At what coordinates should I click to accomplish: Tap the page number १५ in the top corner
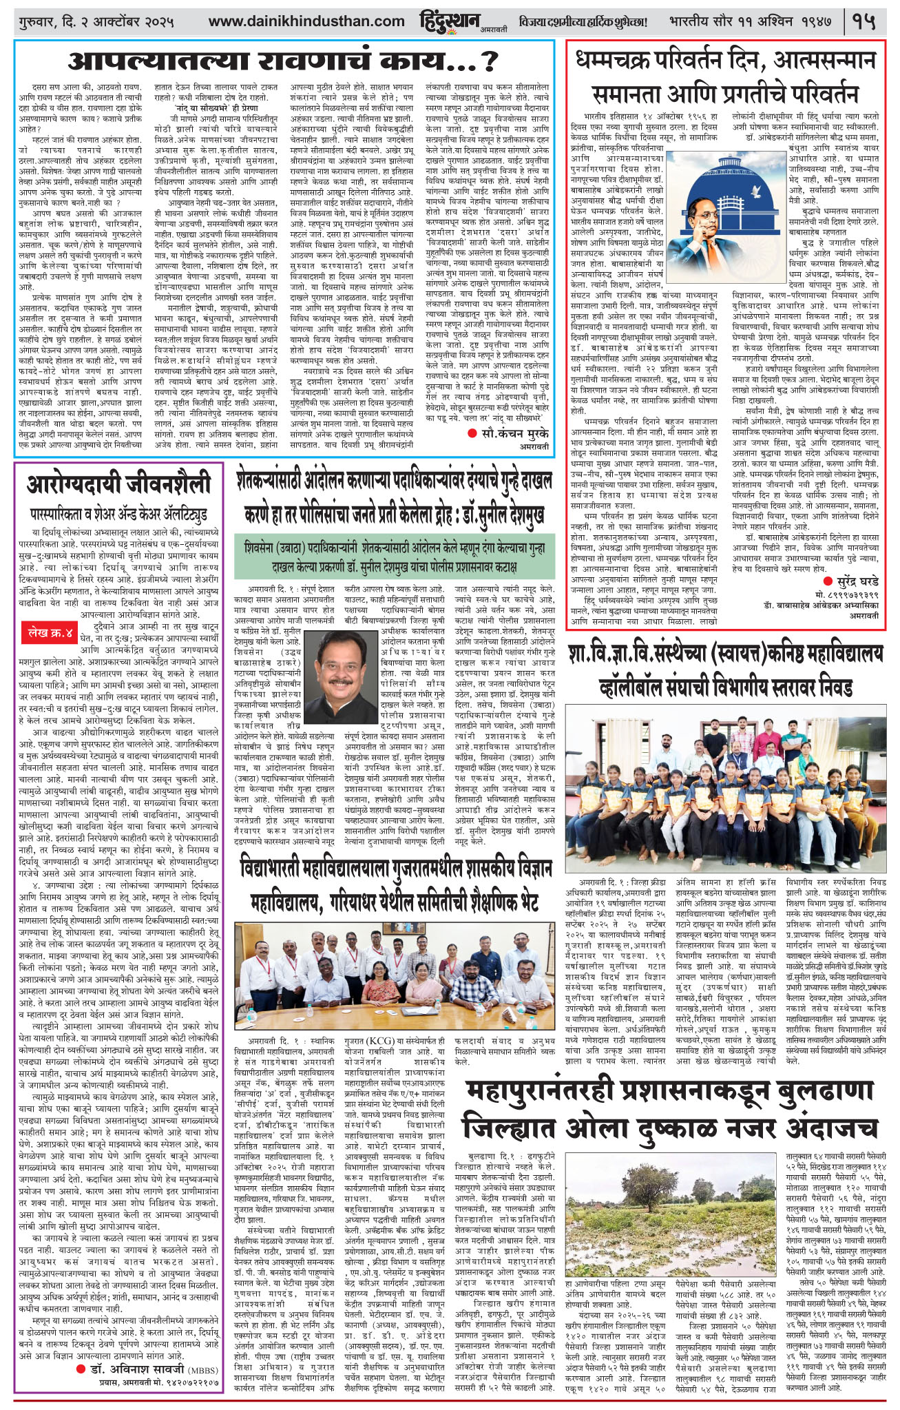click(864, 22)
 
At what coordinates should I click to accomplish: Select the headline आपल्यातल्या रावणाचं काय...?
click(283, 63)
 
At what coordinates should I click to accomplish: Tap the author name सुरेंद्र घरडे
click(849, 581)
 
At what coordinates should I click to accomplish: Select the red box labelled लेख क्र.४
click(50, 632)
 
